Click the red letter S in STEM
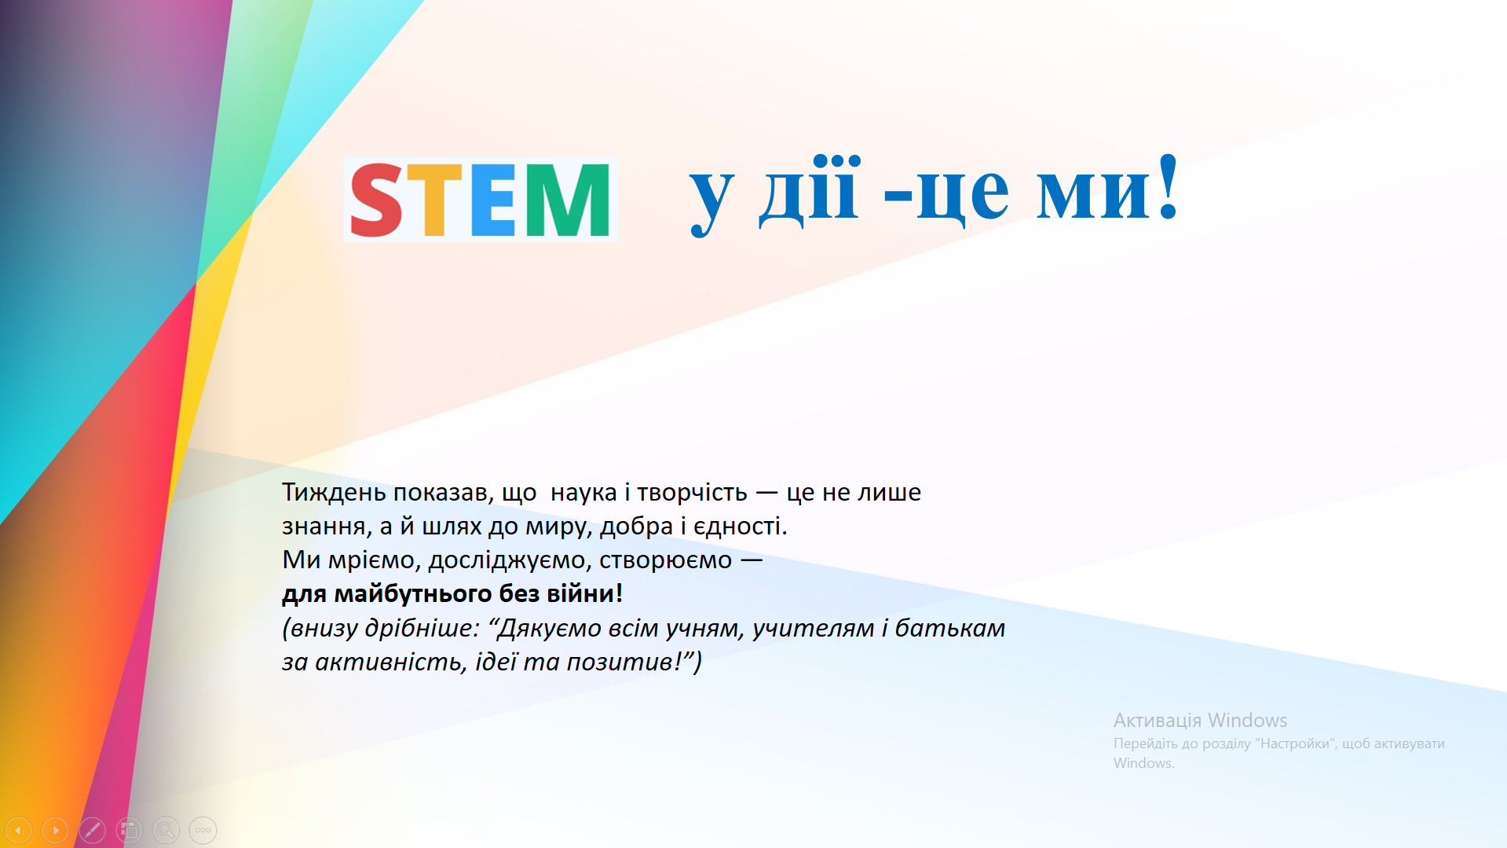point(376,200)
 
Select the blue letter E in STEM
point(493,200)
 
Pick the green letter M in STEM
point(567,200)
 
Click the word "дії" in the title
point(808,189)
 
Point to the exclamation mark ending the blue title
point(1168,186)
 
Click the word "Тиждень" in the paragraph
point(334,492)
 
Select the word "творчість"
point(692,492)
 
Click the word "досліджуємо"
point(510,560)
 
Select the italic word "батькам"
point(949,628)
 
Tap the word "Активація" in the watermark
point(1158,721)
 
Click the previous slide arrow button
point(18,830)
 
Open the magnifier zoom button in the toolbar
point(166,830)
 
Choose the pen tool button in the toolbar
point(92,830)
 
